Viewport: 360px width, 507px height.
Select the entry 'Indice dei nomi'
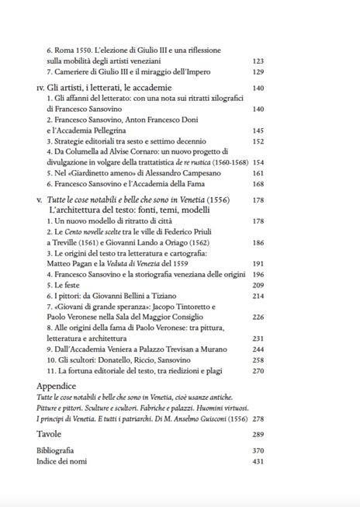(x=62, y=461)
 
